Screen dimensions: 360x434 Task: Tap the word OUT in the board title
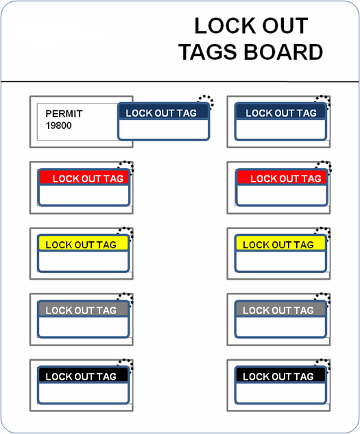(285, 26)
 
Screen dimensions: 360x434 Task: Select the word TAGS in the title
(208, 51)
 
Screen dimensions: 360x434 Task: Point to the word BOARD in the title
(283, 51)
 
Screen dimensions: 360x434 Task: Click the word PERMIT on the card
(64, 114)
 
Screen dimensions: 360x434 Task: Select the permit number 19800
(59, 125)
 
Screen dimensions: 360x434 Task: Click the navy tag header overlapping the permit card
(163, 112)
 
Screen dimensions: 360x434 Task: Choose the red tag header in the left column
(84, 178)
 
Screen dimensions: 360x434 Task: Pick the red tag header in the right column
(282, 178)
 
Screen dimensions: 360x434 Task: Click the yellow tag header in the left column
(83, 243)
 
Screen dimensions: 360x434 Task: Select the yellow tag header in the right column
(280, 243)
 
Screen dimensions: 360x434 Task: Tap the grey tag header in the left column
(83, 309)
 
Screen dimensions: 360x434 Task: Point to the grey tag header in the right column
(280, 309)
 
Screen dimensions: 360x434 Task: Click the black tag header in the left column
(83, 375)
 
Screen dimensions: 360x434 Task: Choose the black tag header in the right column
(280, 375)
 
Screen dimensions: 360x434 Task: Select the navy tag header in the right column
(280, 112)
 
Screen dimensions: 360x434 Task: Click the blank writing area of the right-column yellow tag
(280, 261)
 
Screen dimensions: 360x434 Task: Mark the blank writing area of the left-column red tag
(84, 195)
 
